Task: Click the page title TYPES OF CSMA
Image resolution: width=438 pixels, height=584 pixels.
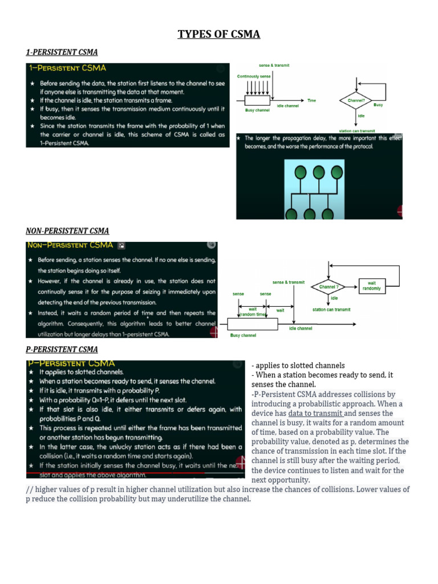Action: [218, 34]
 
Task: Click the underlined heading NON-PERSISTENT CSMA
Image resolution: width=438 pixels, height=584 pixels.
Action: [67, 231]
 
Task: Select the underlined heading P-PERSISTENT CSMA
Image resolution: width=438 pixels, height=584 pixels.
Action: [62, 349]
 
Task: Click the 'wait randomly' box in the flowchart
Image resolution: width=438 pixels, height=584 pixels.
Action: [372, 286]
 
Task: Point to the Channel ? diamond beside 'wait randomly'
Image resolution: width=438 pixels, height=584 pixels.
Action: [329, 287]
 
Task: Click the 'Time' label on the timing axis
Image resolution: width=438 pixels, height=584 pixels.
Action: [311, 100]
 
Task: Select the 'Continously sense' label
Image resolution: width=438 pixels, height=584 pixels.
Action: [254, 76]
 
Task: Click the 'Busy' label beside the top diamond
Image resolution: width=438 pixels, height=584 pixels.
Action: [378, 105]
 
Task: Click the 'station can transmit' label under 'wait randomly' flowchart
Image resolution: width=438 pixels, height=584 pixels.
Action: [331, 310]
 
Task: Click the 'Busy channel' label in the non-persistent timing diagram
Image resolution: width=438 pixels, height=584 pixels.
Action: [243, 335]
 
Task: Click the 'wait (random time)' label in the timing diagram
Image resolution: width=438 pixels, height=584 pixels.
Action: [253, 312]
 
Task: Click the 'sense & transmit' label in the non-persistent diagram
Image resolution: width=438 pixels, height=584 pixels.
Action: [289, 282]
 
